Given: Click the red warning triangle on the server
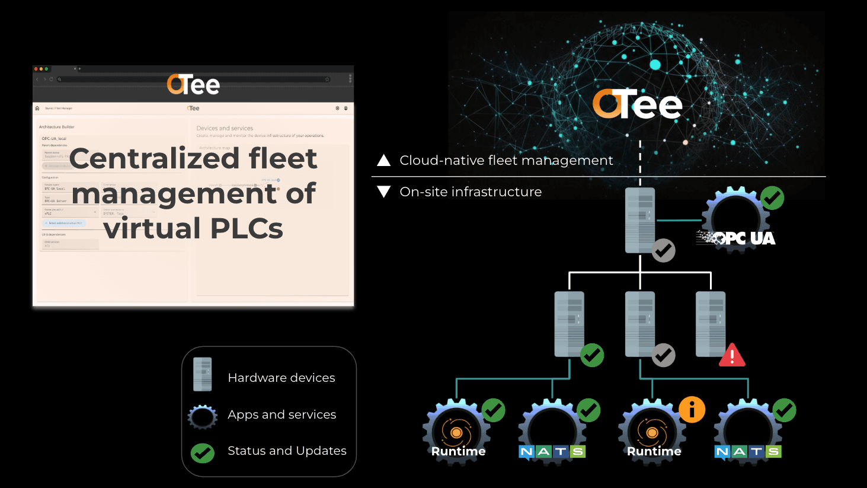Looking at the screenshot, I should [732, 356].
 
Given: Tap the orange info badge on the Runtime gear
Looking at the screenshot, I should [692, 410].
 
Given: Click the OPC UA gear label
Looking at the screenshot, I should [737, 238].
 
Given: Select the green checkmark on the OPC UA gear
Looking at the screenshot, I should [772, 199].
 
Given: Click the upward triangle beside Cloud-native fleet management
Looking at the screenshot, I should [384, 160].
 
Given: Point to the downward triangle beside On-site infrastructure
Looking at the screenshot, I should [384, 192].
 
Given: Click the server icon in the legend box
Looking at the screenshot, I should [202, 374].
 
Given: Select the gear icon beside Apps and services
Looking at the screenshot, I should [202, 416].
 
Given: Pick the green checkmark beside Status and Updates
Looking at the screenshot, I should [202, 453].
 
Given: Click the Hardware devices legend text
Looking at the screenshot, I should [281, 378].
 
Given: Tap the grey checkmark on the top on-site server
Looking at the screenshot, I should [664, 251].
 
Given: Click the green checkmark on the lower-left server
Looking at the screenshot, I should [592, 355].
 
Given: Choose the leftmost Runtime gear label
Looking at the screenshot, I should [458, 451].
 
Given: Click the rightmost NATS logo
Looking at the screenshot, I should [748, 452].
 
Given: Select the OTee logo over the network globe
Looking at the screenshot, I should [638, 104].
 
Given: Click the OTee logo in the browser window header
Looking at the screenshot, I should [193, 85].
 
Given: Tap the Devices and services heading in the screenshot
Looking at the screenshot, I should [225, 128].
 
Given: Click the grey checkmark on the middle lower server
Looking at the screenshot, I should [663, 355].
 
